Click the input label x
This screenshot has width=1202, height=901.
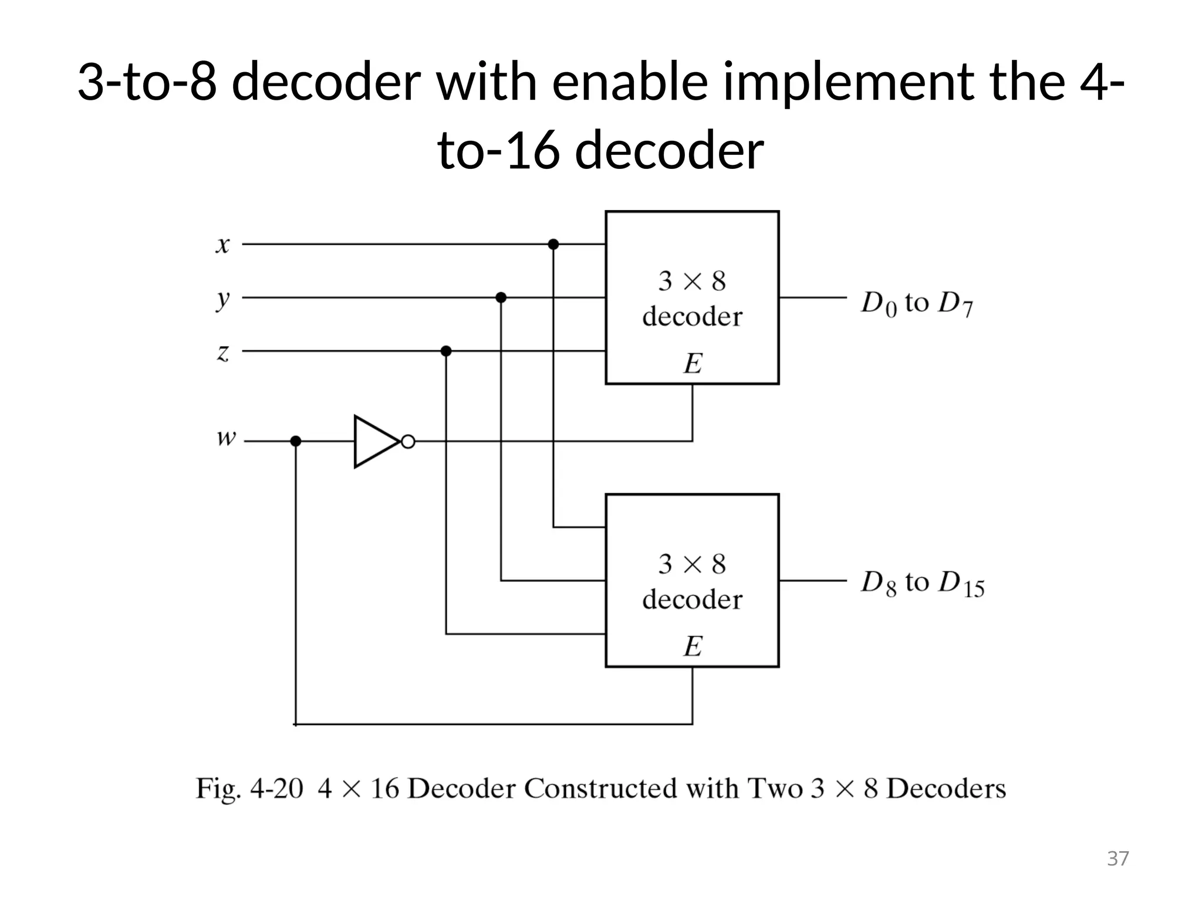point(222,245)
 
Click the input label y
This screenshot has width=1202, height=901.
point(222,300)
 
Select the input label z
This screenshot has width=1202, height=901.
point(222,353)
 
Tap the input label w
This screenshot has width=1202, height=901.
point(226,438)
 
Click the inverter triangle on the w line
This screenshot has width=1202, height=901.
point(374,442)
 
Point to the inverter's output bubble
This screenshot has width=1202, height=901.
point(408,442)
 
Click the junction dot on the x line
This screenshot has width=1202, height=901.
point(553,244)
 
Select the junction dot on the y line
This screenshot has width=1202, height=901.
point(501,298)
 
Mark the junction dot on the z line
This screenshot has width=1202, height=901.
point(446,351)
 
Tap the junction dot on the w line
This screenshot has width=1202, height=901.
point(296,441)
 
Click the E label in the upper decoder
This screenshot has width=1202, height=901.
point(693,364)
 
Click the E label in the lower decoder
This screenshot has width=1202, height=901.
point(693,646)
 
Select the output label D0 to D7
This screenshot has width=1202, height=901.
point(916,304)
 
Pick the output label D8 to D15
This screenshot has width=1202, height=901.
point(922,584)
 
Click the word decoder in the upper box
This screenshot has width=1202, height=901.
point(692,317)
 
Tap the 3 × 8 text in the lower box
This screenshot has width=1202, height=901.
point(692,564)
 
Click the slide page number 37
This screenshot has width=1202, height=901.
point(1117,859)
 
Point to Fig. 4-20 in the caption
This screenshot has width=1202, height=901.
point(249,788)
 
